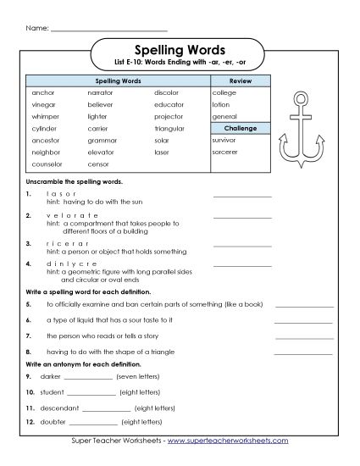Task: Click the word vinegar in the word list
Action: click(42, 103)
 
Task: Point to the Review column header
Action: click(241, 80)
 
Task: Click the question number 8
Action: click(29, 350)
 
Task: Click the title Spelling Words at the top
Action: click(180, 48)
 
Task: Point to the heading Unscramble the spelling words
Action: click(75, 181)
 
